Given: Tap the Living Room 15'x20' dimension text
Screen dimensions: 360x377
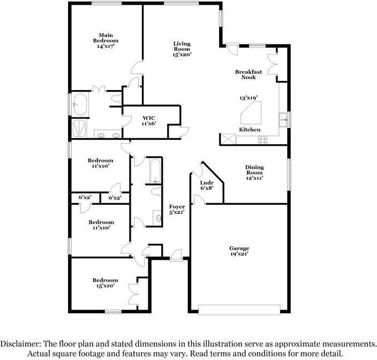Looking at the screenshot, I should pyautogui.click(x=182, y=54).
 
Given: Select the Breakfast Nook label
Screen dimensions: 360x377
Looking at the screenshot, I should pyautogui.click(x=248, y=74).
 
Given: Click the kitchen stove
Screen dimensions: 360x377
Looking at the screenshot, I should pyautogui.click(x=263, y=140).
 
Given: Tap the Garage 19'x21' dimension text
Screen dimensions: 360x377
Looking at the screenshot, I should pyautogui.click(x=239, y=254).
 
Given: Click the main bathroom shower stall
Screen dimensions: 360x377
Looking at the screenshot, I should pyautogui.click(x=80, y=129).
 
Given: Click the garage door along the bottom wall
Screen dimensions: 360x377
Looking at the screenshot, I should pyautogui.click(x=239, y=309).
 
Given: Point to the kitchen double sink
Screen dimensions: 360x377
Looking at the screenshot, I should pyautogui.click(x=282, y=119).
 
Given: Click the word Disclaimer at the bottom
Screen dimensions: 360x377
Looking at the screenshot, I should pyautogui.click(x=22, y=343).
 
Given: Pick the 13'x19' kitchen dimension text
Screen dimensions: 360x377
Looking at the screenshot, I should pyautogui.click(x=248, y=98).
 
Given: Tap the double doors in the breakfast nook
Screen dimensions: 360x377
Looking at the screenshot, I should pyautogui.click(x=272, y=62).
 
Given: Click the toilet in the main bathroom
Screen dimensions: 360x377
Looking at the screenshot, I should pyautogui.click(x=116, y=98).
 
